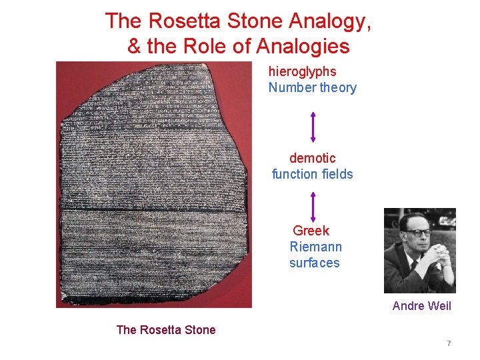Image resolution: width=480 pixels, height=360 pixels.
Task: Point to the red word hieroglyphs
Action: (302, 71)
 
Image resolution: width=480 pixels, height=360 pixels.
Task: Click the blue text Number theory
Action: (312, 87)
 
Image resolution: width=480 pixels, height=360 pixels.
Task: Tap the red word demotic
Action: (312, 158)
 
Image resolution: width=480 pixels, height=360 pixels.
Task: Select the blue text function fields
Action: (312, 174)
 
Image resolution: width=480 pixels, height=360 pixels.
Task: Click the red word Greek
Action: (311, 231)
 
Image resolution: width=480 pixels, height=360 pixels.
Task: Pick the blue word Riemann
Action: (315, 247)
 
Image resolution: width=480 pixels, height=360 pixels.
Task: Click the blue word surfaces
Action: (314, 263)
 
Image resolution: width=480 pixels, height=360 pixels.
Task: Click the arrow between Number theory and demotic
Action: (312, 127)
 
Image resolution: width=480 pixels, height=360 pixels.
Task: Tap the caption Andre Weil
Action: (421, 306)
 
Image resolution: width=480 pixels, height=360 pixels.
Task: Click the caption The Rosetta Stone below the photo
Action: (166, 329)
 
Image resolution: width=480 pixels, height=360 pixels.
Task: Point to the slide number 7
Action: (449, 343)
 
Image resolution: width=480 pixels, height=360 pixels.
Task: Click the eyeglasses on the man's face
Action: (417, 233)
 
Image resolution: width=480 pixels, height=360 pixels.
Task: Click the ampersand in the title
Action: (133, 47)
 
